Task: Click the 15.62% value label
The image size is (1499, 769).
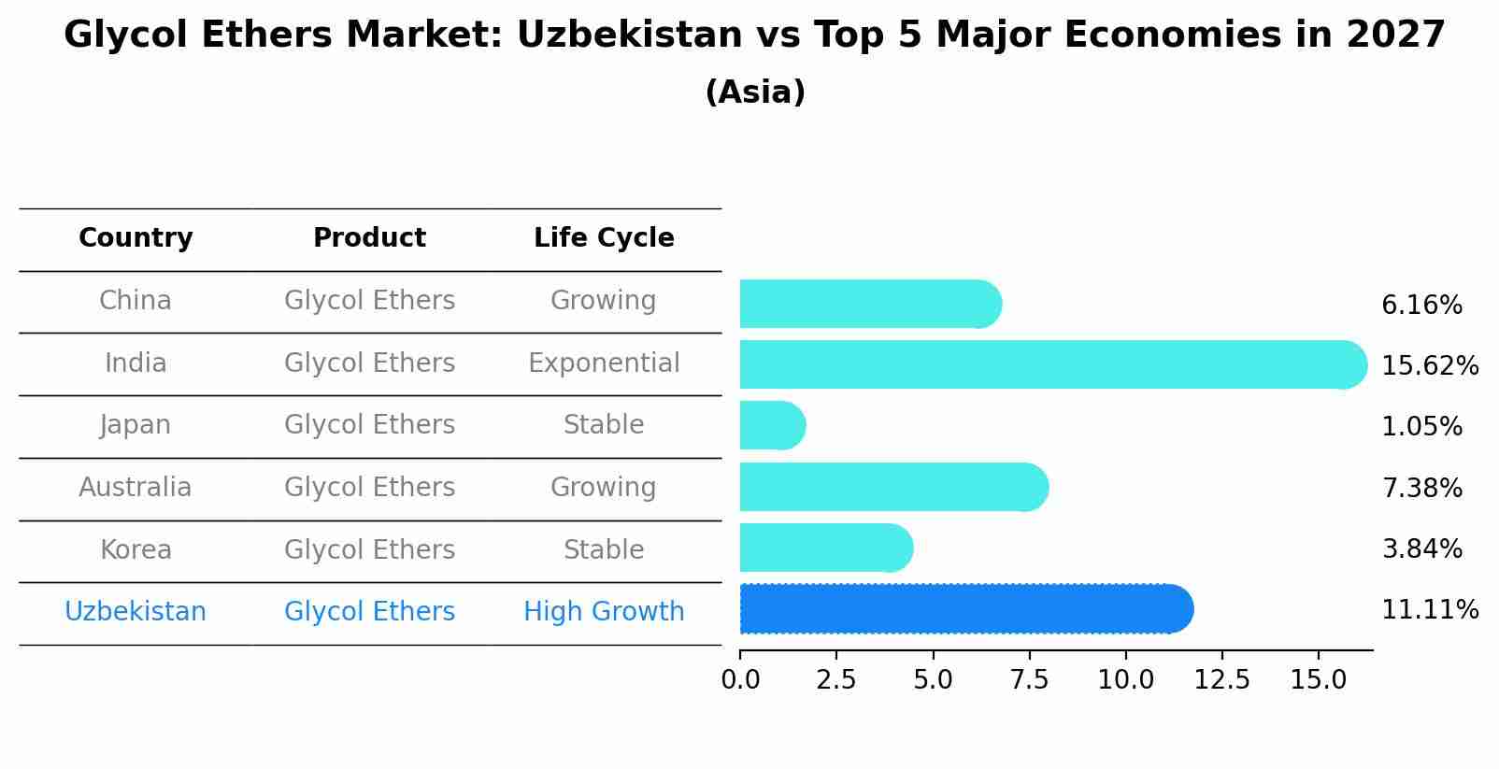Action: pyautogui.click(x=1429, y=366)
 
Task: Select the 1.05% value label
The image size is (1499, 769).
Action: pyautogui.click(x=1421, y=427)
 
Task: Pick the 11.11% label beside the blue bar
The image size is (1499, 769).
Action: pyautogui.click(x=1429, y=610)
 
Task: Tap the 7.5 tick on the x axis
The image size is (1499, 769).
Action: pyautogui.click(x=1029, y=680)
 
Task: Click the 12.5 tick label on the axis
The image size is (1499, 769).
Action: pyautogui.click(x=1221, y=680)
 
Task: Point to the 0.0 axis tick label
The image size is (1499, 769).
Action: pyautogui.click(x=740, y=680)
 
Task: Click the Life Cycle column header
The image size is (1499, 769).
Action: pyautogui.click(x=604, y=238)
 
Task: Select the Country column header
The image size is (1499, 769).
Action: pyautogui.click(x=136, y=238)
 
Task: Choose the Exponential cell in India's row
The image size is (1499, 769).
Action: pyautogui.click(x=604, y=363)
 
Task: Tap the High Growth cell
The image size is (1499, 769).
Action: pyautogui.click(x=604, y=612)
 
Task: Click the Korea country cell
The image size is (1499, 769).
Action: pyautogui.click(x=136, y=550)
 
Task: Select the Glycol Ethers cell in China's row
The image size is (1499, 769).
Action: pyautogui.click(x=369, y=301)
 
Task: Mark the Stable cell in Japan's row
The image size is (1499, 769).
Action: pyautogui.click(x=604, y=425)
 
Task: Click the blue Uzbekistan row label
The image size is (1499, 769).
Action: pyautogui.click(x=136, y=612)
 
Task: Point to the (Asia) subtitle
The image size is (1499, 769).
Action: pyautogui.click(x=755, y=93)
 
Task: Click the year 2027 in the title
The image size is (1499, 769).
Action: pyautogui.click(x=1395, y=36)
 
